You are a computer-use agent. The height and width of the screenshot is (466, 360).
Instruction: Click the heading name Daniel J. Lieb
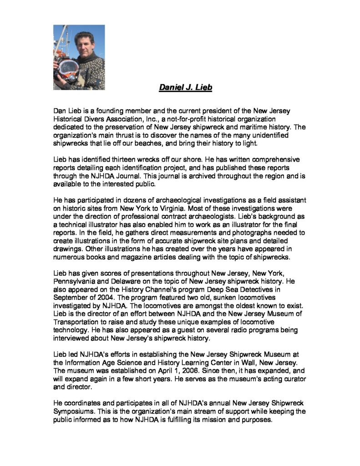click(185, 87)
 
